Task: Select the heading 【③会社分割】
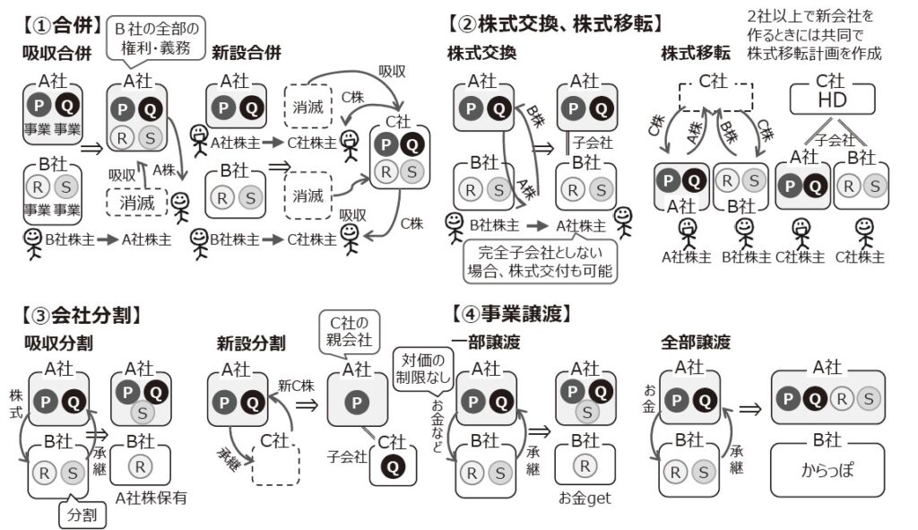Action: (80, 315)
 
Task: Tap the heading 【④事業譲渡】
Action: (512, 315)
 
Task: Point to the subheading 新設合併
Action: (247, 53)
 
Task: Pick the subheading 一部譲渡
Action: (485, 342)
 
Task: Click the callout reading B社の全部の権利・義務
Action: (158, 37)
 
